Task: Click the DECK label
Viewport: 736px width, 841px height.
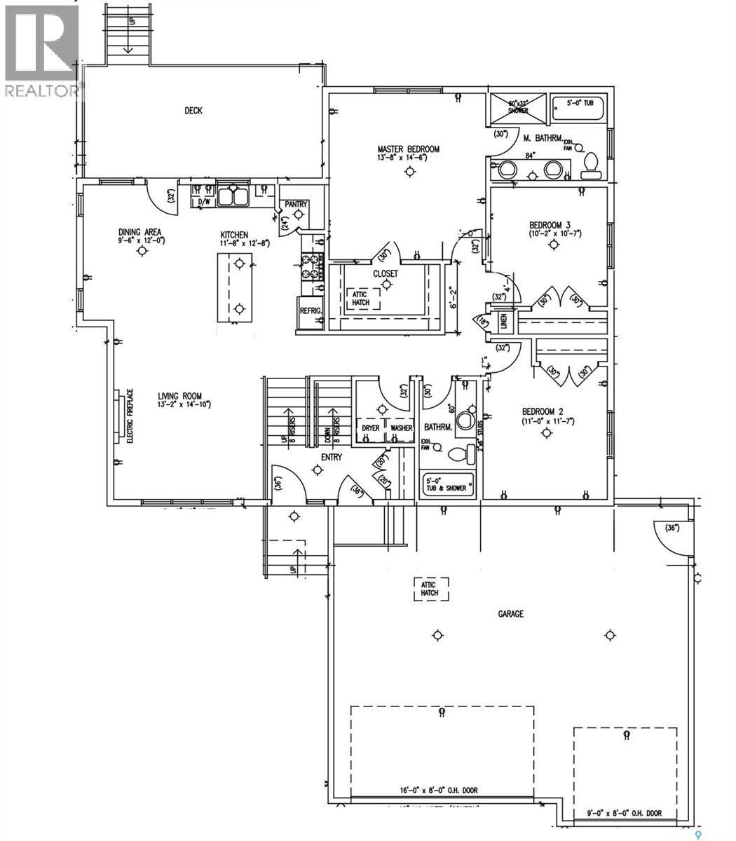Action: [193, 111]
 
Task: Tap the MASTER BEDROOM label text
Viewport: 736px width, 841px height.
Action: [408, 149]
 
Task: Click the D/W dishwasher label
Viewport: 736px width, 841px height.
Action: [205, 202]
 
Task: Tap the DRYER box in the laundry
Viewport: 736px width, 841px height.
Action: [371, 428]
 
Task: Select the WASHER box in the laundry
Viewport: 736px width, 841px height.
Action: [401, 428]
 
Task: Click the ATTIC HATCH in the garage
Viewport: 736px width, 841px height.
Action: [429, 589]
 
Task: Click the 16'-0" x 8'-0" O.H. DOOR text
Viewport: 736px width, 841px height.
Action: [442, 791]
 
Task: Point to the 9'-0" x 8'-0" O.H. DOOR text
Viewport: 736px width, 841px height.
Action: [624, 814]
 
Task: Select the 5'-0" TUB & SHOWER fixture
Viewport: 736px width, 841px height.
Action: [447, 484]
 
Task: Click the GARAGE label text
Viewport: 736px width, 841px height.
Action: [510, 614]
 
